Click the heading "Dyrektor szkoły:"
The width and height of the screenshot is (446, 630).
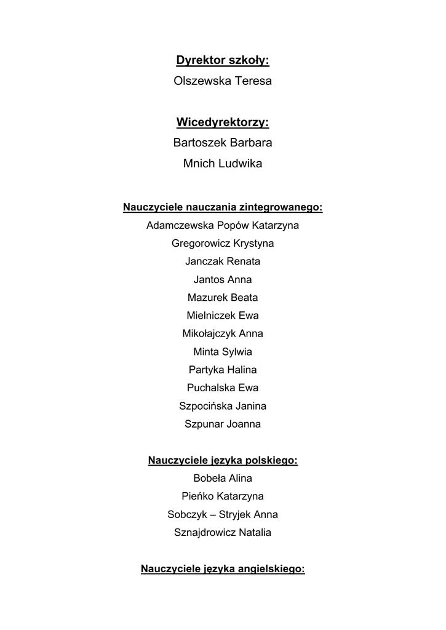coord(223,60)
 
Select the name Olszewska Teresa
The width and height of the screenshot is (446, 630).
coord(223,81)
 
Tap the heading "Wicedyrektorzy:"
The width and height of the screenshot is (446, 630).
coord(223,122)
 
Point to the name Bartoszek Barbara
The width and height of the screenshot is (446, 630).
coord(223,143)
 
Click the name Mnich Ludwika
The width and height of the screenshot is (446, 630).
coord(223,164)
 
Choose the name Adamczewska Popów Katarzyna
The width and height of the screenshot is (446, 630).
coord(223,225)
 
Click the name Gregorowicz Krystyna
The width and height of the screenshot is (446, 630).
coord(223,244)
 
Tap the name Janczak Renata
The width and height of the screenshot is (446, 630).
coord(223,261)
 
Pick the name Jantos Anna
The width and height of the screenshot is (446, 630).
coord(223,279)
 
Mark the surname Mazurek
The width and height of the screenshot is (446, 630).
coord(208,298)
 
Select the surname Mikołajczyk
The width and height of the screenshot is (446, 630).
coord(205,333)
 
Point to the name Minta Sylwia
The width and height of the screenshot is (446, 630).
coord(223,352)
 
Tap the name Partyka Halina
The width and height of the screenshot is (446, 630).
coord(223,370)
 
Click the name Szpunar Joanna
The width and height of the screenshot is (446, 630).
coord(223,424)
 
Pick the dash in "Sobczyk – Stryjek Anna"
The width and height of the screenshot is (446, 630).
coord(206,514)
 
